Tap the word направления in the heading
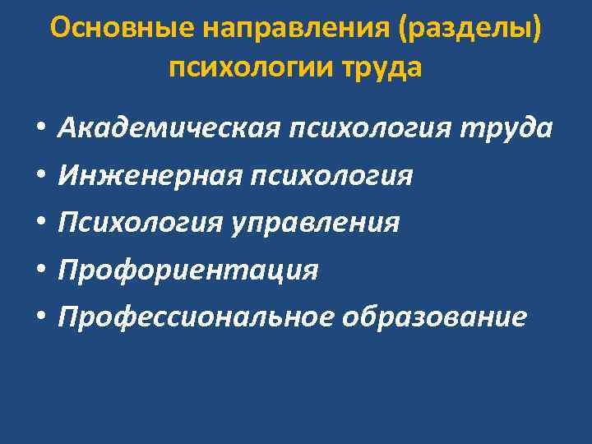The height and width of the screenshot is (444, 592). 301,29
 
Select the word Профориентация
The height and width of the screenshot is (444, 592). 187,270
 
